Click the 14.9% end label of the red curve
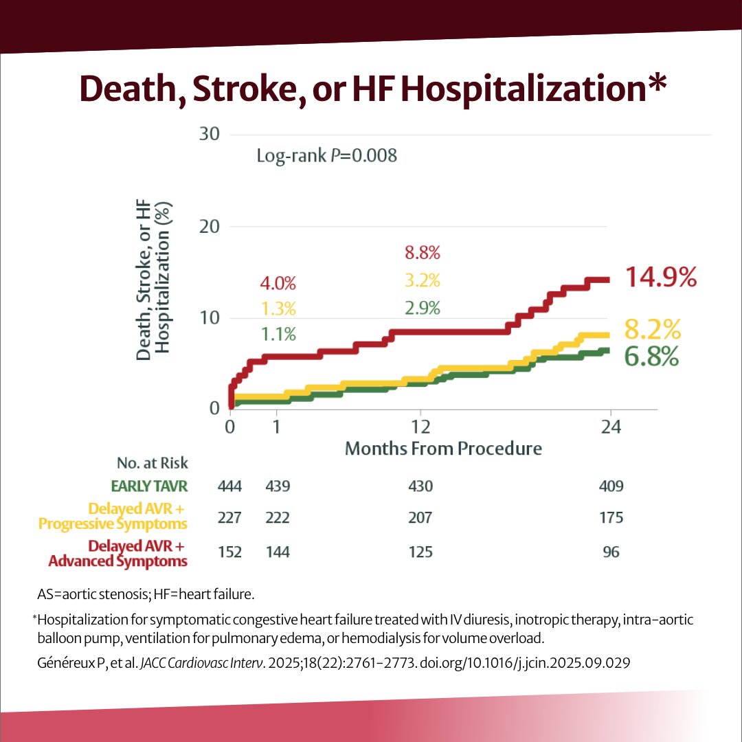[x=661, y=277]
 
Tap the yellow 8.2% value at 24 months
[x=652, y=330]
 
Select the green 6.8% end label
[x=651, y=357]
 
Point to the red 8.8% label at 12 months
[x=423, y=253]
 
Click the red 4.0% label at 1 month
[x=278, y=283]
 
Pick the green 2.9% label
[x=423, y=308]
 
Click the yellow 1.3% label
[x=278, y=308]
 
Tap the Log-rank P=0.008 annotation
[x=326, y=156]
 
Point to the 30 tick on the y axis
[x=209, y=133]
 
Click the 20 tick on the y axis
[x=209, y=226]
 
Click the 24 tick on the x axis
[x=611, y=427]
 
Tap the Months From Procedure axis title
[x=443, y=449]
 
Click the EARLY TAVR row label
[x=149, y=486]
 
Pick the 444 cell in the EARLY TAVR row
[x=230, y=486]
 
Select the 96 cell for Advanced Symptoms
[x=611, y=552]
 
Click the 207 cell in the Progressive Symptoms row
[x=420, y=517]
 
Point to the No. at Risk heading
[x=153, y=463]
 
